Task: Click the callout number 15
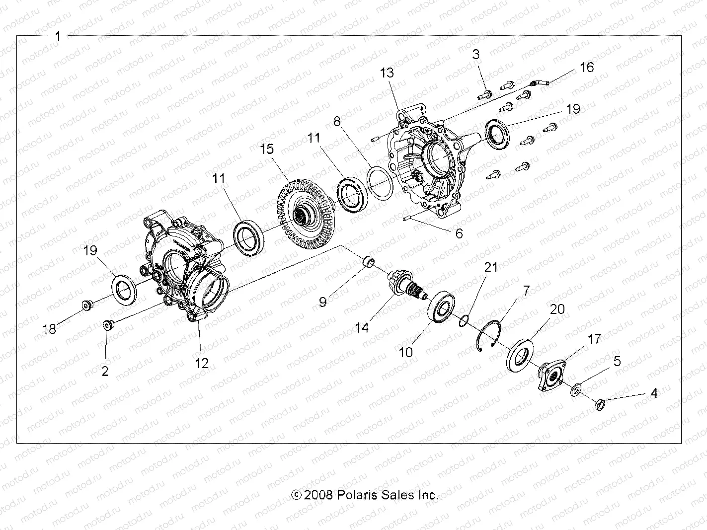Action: [267, 149]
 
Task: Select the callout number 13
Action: [387, 73]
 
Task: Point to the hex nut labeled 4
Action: [599, 403]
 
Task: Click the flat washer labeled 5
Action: [577, 389]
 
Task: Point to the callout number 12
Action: [202, 363]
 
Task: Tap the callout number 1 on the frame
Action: [58, 36]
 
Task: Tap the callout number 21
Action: [491, 267]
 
